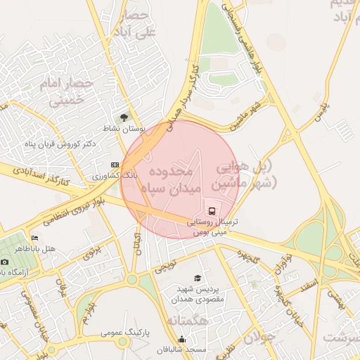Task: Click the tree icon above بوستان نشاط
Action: (124, 117)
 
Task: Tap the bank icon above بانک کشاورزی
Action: (115, 165)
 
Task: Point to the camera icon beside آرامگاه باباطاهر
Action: (5, 262)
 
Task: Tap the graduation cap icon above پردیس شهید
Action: (197, 278)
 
